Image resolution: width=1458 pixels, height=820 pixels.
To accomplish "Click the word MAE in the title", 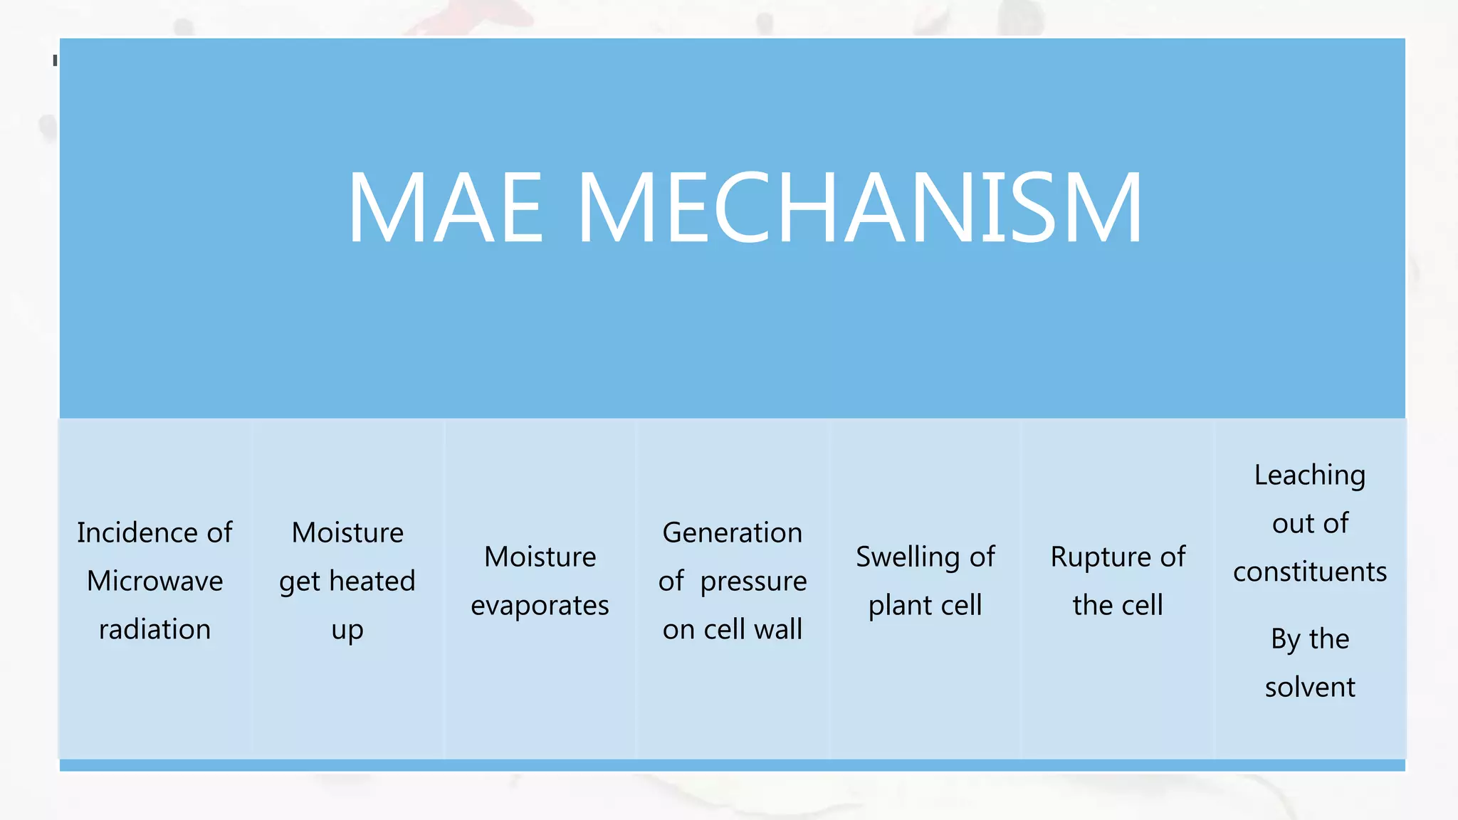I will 446,208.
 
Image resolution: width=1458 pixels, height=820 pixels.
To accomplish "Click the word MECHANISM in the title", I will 859,208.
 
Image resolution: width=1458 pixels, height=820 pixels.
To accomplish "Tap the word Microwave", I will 154,581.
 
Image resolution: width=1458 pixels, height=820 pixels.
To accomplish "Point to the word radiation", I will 154,629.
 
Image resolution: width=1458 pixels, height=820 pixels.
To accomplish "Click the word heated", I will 372,581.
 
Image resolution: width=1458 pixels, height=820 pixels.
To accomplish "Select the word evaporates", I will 540,606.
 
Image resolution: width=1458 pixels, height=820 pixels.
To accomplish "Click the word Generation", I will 732,532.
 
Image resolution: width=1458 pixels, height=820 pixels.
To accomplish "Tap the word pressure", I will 753,582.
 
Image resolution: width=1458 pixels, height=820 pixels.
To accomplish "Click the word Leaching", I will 1309,475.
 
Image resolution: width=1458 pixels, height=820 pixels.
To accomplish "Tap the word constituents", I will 1310,572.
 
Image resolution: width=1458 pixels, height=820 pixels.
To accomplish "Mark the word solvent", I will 1310,687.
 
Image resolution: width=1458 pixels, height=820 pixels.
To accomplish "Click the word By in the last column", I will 1286,639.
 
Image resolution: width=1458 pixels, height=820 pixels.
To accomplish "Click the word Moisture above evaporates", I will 540,557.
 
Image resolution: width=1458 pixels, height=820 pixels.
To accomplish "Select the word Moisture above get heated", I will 347,532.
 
